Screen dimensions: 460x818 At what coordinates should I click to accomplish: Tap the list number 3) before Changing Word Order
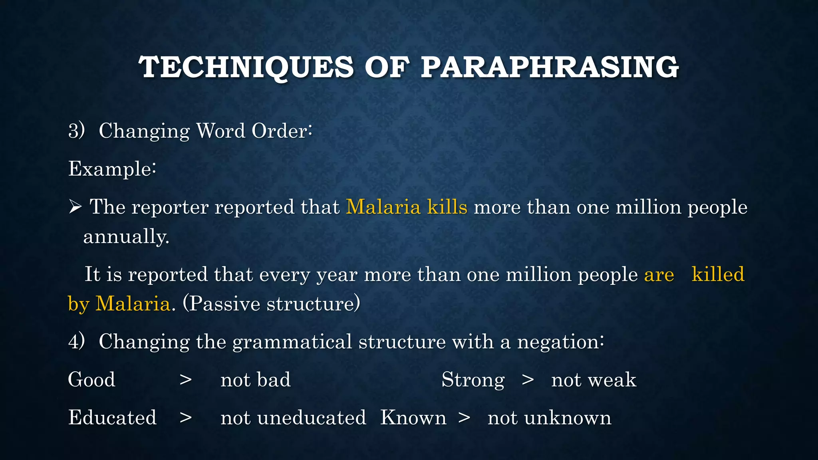point(76,131)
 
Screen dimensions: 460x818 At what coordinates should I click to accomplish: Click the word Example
point(112,169)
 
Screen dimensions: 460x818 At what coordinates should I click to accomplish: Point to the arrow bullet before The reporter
point(75,207)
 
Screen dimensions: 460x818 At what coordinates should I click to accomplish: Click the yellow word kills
point(447,207)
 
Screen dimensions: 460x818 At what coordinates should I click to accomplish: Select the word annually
point(126,236)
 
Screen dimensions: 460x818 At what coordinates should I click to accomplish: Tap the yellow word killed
point(718,274)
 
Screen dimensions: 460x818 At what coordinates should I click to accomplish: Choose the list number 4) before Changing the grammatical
point(76,341)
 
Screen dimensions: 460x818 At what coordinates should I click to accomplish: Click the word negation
point(560,342)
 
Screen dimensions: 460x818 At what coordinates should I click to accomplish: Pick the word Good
point(91,379)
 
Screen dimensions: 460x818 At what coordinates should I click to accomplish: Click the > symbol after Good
point(185,380)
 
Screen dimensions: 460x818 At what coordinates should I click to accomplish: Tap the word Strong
point(473,380)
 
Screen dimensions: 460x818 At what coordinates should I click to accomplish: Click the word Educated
point(112,417)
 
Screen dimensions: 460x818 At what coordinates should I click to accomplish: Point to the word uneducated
point(312,418)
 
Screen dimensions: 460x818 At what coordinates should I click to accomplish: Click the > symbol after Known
point(464,418)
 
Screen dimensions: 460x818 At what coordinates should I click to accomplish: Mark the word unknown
point(568,418)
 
